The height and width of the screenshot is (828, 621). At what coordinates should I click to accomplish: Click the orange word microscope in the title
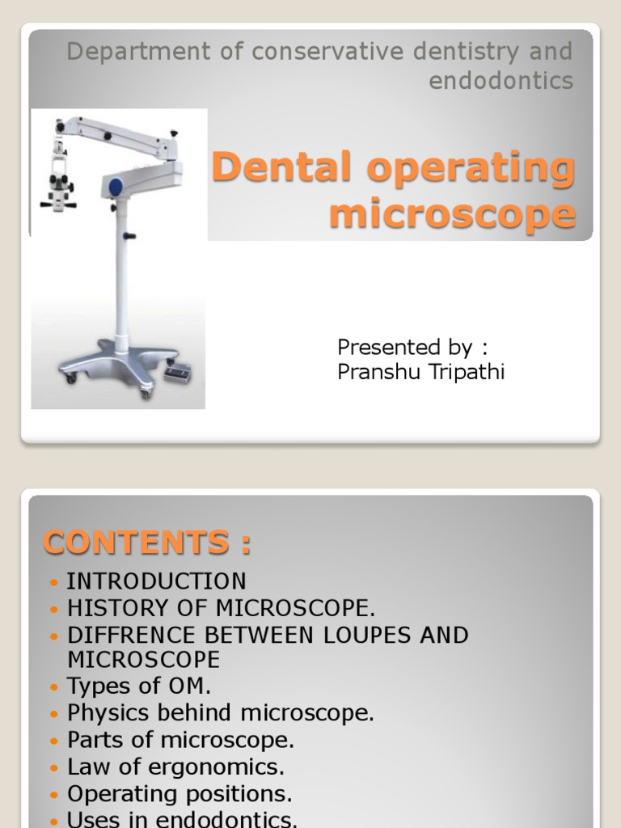coord(453,215)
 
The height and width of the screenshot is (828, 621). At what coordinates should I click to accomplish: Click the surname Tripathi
coord(466,374)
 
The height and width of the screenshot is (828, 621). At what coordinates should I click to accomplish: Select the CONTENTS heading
coord(146,543)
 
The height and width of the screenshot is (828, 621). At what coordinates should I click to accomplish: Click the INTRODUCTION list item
coord(156,581)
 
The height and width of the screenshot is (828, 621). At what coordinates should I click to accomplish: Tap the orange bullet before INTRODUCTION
coord(54,582)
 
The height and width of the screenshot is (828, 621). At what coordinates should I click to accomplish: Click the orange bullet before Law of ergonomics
coord(54,767)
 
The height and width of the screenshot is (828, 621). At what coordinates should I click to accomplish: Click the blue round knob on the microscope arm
coord(115,184)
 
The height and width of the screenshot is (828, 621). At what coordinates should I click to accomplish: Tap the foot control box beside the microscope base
coord(177,371)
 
